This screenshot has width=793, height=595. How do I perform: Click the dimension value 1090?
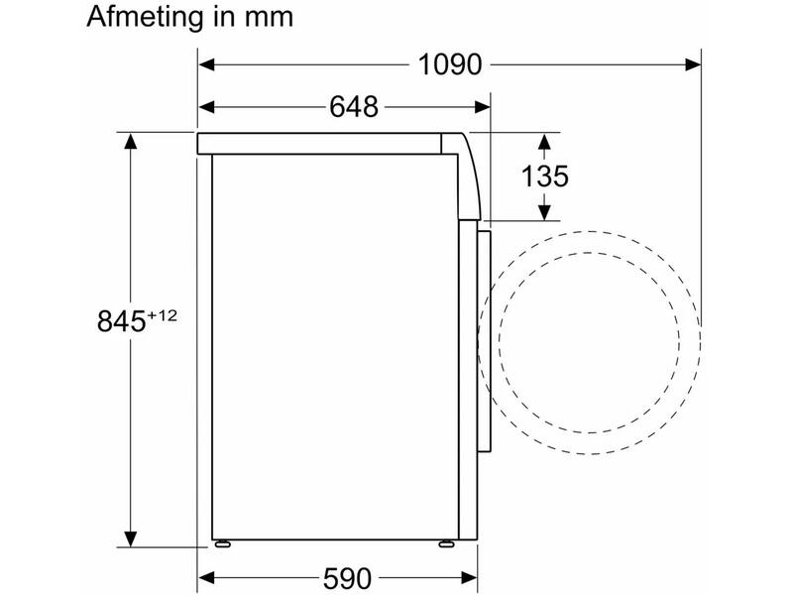[450, 64]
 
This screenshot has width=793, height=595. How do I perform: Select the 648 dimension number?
[354, 107]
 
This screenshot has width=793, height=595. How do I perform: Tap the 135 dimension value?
[544, 177]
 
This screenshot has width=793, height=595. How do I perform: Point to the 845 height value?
[121, 320]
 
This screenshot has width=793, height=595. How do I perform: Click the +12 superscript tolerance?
[163, 315]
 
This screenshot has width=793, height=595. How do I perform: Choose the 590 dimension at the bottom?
[347, 578]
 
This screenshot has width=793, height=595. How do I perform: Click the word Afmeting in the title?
[144, 17]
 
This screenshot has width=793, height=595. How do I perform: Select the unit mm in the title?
[269, 17]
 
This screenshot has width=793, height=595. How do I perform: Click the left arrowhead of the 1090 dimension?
[206, 64]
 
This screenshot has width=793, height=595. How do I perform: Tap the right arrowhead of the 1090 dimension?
[693, 64]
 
